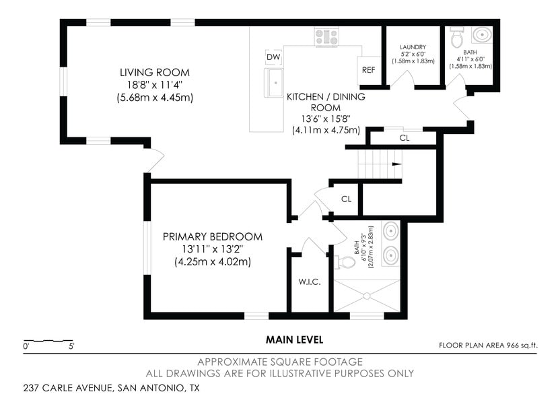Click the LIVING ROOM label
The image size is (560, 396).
point(155,73)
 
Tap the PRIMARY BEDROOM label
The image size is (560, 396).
point(213,236)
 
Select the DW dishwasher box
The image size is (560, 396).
point(273,57)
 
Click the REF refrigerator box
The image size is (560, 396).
point(369,70)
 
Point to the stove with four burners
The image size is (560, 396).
point(327,37)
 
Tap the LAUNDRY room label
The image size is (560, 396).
point(413,47)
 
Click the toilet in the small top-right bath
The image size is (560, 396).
point(456,37)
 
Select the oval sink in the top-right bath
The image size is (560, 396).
point(482,35)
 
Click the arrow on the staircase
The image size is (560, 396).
point(397,164)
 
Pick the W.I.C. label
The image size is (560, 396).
point(310,282)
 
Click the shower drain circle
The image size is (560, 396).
point(367,296)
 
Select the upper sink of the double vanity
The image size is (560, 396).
point(390,230)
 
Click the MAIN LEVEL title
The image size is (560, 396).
point(294,340)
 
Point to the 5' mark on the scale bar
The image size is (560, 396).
point(71,346)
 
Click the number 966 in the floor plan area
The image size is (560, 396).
point(512,345)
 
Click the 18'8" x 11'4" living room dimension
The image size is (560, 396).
point(155,85)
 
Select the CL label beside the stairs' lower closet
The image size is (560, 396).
point(347,199)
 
